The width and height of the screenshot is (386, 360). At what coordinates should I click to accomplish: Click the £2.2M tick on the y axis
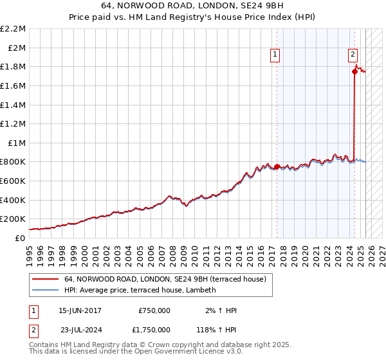pyautogui.click(x=14, y=29)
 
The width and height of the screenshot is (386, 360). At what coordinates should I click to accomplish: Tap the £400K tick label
pyautogui.click(x=13, y=200)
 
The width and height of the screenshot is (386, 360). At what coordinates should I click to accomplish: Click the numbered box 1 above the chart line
pyautogui.click(x=275, y=55)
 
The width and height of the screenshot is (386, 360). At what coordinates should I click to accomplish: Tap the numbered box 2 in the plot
pyautogui.click(x=353, y=55)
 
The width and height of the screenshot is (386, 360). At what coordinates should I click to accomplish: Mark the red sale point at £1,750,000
pyautogui.click(x=354, y=71)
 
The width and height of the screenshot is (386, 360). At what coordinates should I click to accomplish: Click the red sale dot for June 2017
pyautogui.click(x=277, y=166)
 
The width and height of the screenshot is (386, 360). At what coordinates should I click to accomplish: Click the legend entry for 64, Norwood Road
pyautogui.click(x=169, y=279)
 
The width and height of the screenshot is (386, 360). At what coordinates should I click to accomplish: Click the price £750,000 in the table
pyautogui.click(x=154, y=310)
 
